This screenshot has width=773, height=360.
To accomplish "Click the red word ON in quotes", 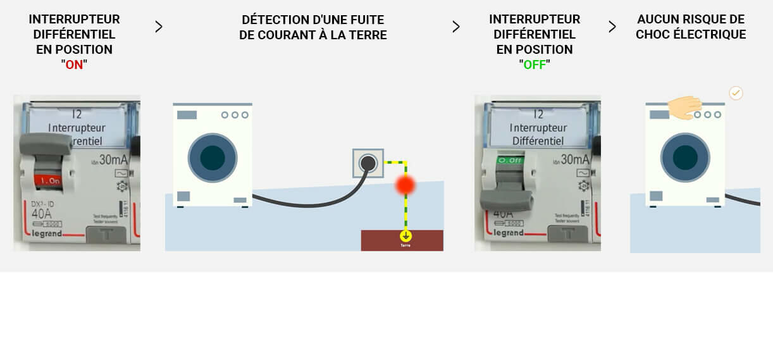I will pos(75,65).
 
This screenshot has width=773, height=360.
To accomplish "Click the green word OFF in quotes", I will pos(535,65).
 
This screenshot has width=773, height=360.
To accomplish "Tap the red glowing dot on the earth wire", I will pos(405,185).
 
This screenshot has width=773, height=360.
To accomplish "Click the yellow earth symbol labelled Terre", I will pos(405,237).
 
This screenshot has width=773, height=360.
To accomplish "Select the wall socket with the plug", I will pos(368,163).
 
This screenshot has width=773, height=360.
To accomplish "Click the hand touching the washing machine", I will pos(684,106).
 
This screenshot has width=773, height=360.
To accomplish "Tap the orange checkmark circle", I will pos(736,93).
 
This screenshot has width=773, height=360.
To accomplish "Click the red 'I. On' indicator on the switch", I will pos(49,180).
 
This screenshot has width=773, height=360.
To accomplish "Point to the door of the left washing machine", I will pos(213,158).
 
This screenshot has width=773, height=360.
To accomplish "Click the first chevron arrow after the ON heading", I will pos(159,27).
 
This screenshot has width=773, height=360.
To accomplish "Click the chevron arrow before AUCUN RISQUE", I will pos(612,27).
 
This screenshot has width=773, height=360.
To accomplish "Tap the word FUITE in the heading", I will pos(367,20).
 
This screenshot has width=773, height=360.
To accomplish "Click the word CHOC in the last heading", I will pos(652,34).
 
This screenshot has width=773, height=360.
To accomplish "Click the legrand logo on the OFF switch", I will pos(509,233).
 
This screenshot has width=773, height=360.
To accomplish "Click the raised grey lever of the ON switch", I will pos(46,145).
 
